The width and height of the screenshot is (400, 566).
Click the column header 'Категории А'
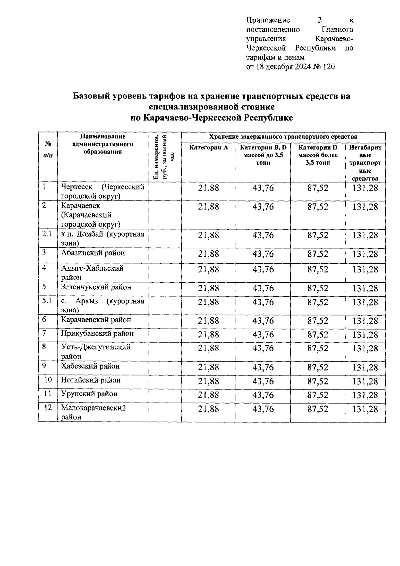209,147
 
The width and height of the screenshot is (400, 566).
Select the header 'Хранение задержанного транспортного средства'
283,137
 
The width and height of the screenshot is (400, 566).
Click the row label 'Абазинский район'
93,253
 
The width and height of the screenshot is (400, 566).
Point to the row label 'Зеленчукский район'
96,287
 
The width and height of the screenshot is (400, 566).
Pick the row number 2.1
47,234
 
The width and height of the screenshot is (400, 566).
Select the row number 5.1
47,301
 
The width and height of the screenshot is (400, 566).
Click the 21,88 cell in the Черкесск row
209,188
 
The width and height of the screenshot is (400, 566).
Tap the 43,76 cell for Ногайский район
263,381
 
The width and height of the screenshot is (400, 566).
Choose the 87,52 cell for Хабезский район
318,368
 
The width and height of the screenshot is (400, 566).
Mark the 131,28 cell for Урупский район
366,395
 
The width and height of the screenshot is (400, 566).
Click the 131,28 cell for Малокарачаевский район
366,409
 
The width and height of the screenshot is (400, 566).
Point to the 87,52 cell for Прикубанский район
318,335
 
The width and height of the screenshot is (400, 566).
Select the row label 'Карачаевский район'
96,320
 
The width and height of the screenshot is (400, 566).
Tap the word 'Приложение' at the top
268,20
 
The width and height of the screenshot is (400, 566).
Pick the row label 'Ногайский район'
91,380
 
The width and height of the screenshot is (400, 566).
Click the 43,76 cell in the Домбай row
263,235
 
